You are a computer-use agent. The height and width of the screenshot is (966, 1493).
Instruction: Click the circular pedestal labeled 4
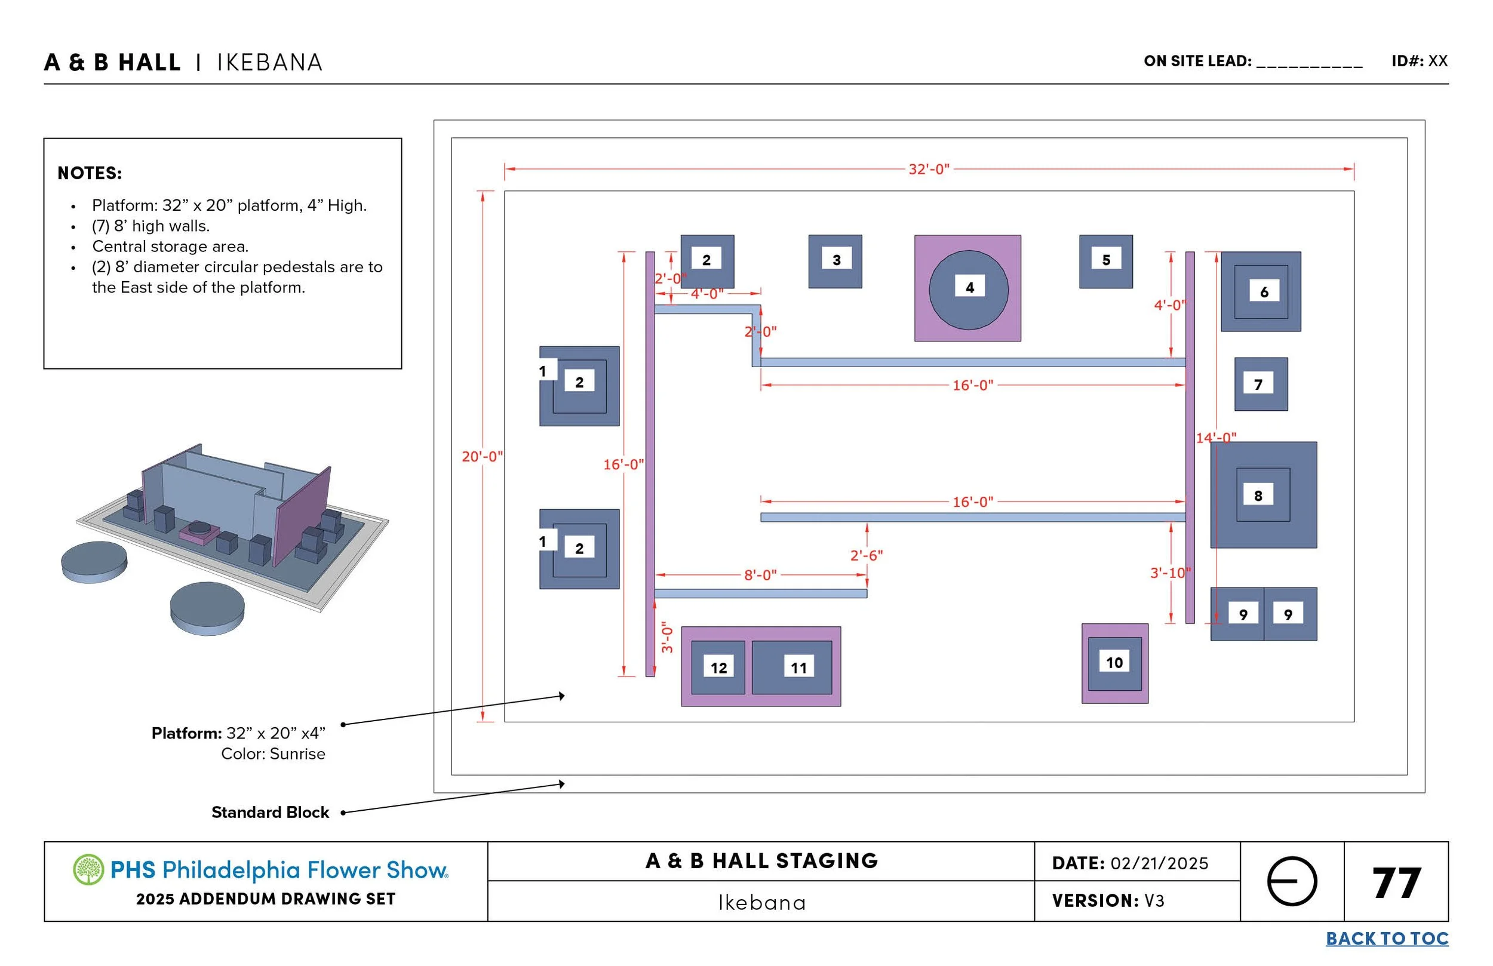[968, 290]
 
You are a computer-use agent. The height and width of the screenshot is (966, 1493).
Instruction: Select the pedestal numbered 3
[835, 262]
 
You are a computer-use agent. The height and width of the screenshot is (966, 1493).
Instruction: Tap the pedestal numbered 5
[1105, 262]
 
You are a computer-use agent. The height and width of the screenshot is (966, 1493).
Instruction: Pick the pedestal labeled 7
[1260, 384]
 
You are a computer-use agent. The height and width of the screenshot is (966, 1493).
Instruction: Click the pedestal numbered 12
[718, 667]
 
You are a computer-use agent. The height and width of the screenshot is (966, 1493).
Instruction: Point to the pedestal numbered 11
[792, 667]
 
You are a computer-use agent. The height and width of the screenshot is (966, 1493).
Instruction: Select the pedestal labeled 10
[1114, 663]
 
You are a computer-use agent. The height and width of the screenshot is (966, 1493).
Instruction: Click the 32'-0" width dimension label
[929, 170]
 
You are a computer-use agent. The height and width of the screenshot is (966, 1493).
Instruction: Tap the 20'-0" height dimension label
[482, 456]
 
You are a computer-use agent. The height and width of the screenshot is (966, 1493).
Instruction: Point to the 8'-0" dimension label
[760, 574]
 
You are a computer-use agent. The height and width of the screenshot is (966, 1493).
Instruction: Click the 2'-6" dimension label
[866, 555]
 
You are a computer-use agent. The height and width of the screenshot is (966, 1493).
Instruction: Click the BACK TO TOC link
[1386, 939]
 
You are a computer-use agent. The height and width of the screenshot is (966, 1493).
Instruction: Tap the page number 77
[1396, 882]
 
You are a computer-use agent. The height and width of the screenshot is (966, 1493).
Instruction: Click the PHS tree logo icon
[88, 869]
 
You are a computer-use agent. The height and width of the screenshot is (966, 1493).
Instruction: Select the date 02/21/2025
[1159, 863]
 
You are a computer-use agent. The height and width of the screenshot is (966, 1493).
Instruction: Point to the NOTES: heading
[90, 173]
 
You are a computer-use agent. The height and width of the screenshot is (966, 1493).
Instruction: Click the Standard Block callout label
[270, 813]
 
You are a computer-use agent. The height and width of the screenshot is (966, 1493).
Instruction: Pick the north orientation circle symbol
[1292, 881]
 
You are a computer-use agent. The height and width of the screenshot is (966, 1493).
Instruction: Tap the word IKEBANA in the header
[270, 63]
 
